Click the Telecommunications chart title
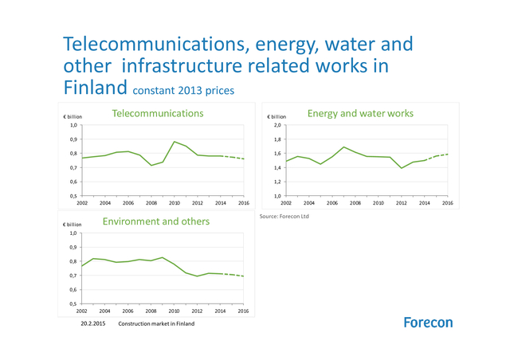[158, 114]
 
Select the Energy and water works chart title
[360, 114]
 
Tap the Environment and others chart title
[156, 221]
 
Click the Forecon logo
[428, 323]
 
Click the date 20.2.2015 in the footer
[93, 324]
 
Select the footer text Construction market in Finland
[156, 324]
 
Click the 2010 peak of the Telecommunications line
[175, 142]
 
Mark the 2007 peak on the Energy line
[344, 147]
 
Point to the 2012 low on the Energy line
[402, 168]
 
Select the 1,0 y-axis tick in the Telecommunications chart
[73, 125]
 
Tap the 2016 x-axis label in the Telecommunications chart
[244, 203]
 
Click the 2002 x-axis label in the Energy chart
[287, 203]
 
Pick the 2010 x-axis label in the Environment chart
[175, 311]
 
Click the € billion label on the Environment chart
[73, 225]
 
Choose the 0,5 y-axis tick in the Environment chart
[73, 303]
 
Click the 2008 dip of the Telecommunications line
[151, 166]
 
